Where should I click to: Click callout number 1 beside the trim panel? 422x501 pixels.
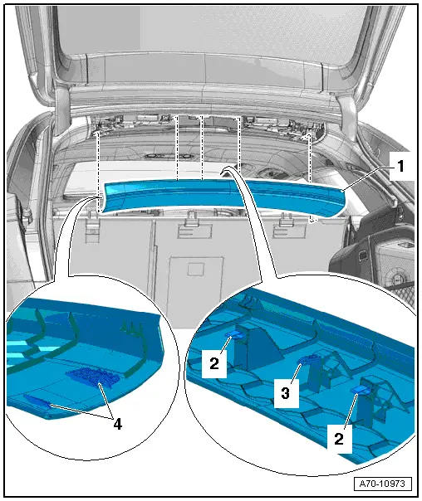point(400,166)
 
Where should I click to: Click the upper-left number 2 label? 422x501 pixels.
point(213,363)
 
